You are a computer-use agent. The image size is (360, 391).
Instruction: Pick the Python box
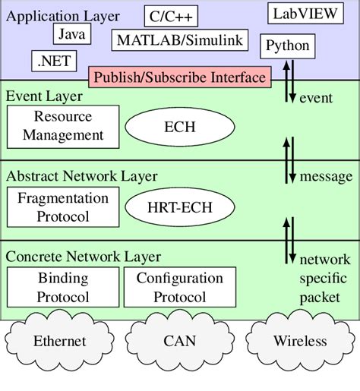[287, 46]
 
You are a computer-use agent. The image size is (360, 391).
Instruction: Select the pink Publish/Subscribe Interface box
[179, 77]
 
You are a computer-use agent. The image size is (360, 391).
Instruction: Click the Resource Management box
[63, 126]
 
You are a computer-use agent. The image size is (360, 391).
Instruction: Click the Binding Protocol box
[63, 287]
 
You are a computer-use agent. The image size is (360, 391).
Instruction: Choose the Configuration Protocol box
[180, 287]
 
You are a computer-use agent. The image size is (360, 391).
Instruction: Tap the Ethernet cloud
[60, 341]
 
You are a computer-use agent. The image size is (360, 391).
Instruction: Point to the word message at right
[326, 176]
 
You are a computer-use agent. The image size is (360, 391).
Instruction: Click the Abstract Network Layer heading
[82, 176]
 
